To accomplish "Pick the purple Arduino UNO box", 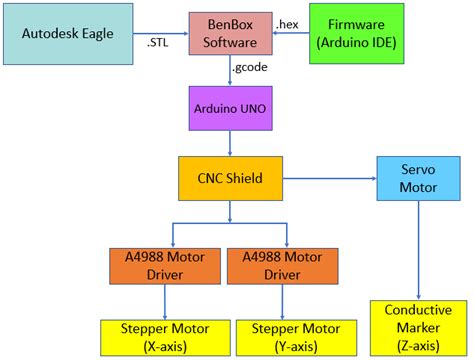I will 231,107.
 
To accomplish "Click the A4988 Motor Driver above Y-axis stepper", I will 286,266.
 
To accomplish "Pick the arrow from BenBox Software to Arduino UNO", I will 231,72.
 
